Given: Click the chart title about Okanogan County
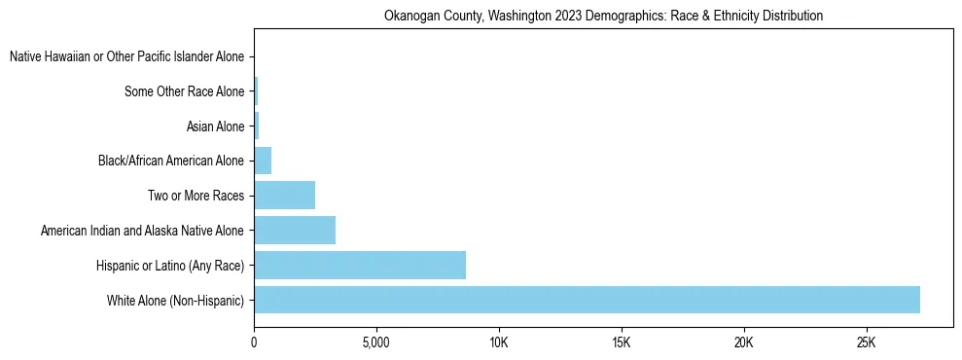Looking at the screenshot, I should pyautogui.click(x=603, y=16).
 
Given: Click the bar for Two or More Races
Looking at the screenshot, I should pyautogui.click(x=284, y=196).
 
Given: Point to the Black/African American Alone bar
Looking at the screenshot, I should pyautogui.click(x=263, y=161).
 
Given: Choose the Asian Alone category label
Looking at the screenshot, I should pyautogui.click(x=215, y=126).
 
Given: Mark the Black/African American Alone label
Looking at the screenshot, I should pyautogui.click(x=171, y=161).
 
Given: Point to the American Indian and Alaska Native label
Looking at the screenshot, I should pyautogui.click(x=142, y=231).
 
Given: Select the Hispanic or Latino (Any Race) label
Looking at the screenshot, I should pyautogui.click(x=170, y=266).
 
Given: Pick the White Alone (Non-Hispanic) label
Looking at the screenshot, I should pyautogui.click(x=176, y=301).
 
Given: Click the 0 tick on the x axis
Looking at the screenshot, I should pyautogui.click(x=254, y=343).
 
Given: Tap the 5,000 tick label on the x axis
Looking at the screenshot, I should pyautogui.click(x=375, y=343).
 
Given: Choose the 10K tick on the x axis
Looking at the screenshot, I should pyautogui.click(x=499, y=343).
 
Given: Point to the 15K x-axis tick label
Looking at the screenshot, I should pyautogui.click(x=622, y=343).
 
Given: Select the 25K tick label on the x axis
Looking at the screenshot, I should pyautogui.click(x=866, y=343).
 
